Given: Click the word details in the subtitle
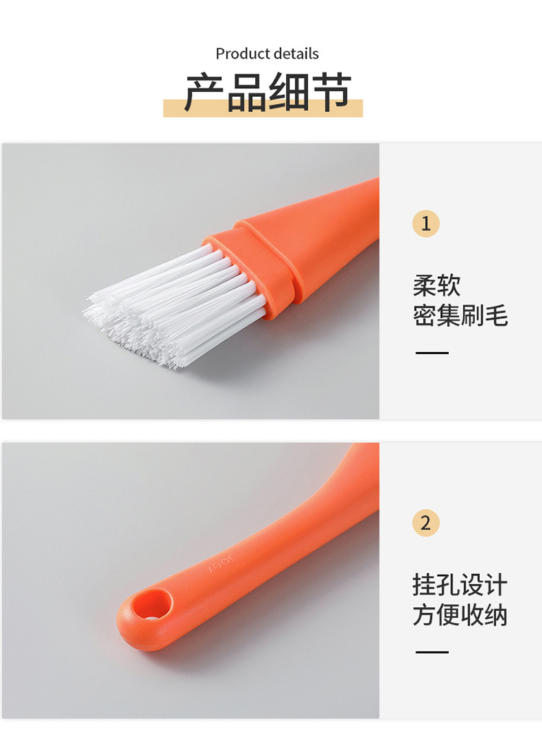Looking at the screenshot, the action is point(296,53).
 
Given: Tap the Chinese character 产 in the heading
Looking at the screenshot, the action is point(205,92).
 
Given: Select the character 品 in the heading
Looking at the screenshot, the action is point(246,92).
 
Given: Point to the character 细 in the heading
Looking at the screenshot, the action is point(288,92).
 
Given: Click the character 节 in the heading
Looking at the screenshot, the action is point(331,92).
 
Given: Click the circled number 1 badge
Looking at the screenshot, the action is point(426,223).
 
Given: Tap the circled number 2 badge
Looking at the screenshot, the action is point(426,523).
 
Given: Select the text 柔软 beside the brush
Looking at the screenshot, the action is point(436,286).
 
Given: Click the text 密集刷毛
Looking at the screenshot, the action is point(460,316).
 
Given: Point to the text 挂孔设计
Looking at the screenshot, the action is point(460,585).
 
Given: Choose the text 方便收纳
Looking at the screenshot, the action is point(460,614).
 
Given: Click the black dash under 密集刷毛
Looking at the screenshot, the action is point(432,353).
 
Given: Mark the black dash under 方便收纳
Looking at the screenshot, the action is point(432,652).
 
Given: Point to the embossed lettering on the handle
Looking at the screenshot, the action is point(220,563).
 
